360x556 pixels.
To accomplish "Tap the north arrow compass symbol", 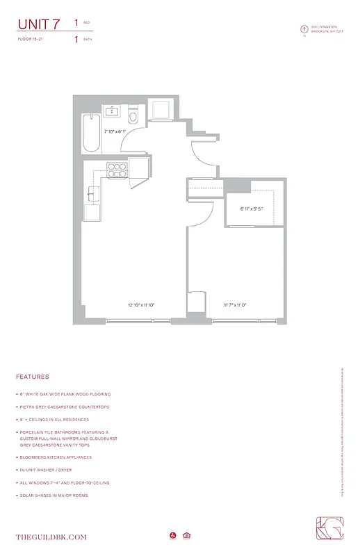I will tap(303, 29).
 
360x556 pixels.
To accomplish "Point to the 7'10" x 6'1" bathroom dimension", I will tap(115, 131).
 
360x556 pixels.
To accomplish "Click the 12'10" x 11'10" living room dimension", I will tap(140, 304).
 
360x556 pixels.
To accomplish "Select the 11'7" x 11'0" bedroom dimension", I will tap(235, 304).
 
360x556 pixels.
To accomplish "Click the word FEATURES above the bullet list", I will tap(32, 377).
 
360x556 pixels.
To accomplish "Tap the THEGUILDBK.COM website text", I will tap(51, 537).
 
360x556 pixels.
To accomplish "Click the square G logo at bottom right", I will tap(327, 530).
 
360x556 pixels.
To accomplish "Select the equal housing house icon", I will tap(186, 536).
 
